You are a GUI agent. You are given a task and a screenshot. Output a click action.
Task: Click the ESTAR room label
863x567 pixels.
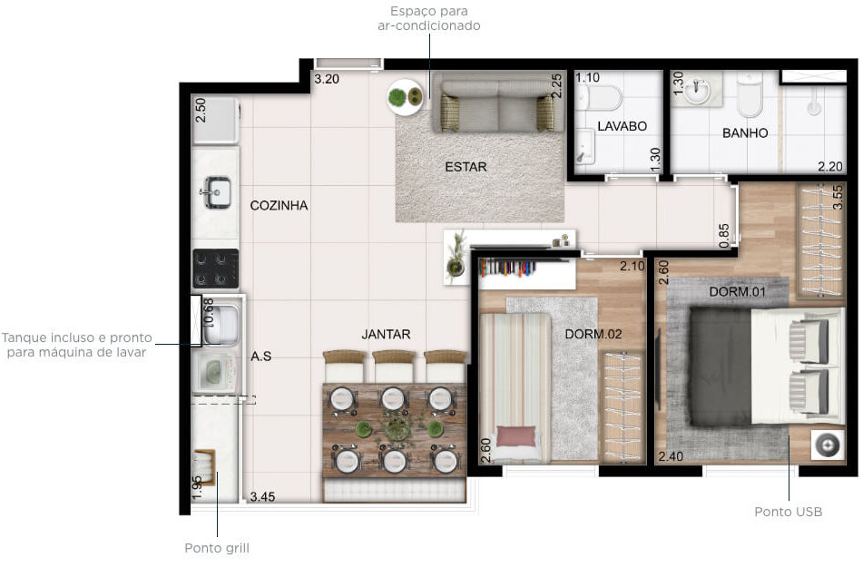click(466, 167)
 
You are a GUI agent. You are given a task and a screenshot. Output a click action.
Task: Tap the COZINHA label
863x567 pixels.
click(279, 205)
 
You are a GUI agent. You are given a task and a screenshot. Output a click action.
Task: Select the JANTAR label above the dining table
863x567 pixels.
click(386, 334)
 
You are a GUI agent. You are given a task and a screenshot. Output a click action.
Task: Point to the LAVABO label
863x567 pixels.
click(622, 126)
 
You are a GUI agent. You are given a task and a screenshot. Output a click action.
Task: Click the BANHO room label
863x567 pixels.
click(745, 132)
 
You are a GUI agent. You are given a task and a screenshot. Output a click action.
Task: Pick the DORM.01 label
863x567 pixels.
click(737, 291)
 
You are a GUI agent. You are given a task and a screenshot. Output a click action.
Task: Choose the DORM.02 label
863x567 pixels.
click(593, 334)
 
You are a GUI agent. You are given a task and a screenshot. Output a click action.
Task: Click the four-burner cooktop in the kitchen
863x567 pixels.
click(216, 269)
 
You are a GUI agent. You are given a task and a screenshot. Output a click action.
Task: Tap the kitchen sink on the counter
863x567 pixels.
click(218, 192)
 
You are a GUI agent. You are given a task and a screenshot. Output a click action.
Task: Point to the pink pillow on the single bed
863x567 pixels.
click(515, 436)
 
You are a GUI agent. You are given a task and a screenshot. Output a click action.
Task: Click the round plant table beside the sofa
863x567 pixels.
click(405, 97)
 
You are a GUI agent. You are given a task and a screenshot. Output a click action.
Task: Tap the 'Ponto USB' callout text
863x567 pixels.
click(789, 512)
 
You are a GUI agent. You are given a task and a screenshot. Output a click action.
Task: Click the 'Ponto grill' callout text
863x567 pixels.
click(217, 548)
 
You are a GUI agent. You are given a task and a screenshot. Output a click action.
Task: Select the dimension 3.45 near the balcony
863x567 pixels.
click(262, 496)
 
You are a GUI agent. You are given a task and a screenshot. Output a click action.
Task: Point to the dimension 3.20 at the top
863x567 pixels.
click(327, 79)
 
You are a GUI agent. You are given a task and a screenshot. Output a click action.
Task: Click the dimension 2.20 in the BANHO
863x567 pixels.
click(830, 166)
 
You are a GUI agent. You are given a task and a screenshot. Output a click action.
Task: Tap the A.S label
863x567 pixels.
click(260, 357)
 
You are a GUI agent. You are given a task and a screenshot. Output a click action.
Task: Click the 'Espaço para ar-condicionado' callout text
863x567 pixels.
click(428, 18)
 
